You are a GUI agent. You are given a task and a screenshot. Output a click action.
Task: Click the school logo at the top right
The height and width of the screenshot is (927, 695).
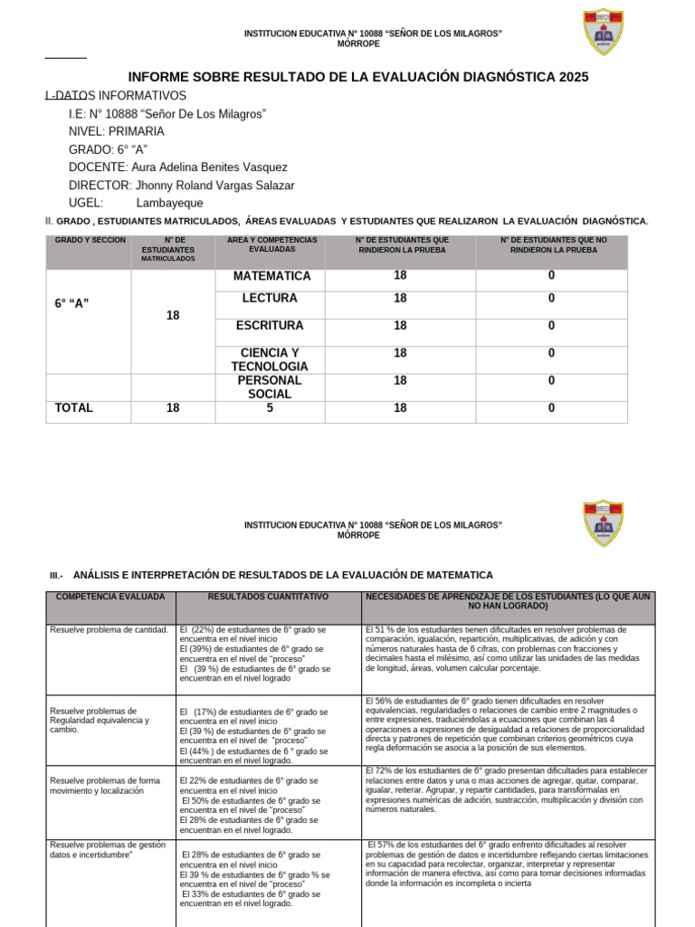pos(604,33)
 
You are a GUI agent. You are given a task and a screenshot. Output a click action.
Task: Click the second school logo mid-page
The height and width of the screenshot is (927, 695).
pos(604,523)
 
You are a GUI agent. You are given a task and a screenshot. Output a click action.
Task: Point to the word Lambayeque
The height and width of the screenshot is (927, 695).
pos(169,204)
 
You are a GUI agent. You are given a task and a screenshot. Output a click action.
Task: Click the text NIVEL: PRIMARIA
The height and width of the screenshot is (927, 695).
pos(116,131)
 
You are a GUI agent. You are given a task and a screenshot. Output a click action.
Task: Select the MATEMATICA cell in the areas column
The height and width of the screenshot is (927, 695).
pos(271,276)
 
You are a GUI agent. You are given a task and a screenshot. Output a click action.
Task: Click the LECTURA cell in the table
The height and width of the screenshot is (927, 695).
pos(270,299)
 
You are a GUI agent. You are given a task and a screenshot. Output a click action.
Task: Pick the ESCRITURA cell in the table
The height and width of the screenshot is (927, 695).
pos(270,326)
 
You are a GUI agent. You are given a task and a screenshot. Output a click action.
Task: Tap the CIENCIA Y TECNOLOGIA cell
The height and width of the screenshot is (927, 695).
pos(270,359)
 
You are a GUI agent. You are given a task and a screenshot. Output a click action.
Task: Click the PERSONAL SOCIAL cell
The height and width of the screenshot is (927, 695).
pos(270,387)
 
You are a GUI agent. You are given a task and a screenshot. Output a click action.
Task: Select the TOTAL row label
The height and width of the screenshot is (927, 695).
pos(74,408)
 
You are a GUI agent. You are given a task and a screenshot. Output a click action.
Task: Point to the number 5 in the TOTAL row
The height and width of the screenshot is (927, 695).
pos(270,408)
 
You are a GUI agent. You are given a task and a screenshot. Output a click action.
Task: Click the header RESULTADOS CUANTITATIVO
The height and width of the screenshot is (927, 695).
pos(268,597)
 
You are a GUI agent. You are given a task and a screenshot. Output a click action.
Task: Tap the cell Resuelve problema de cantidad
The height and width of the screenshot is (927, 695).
pos(109,629)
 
